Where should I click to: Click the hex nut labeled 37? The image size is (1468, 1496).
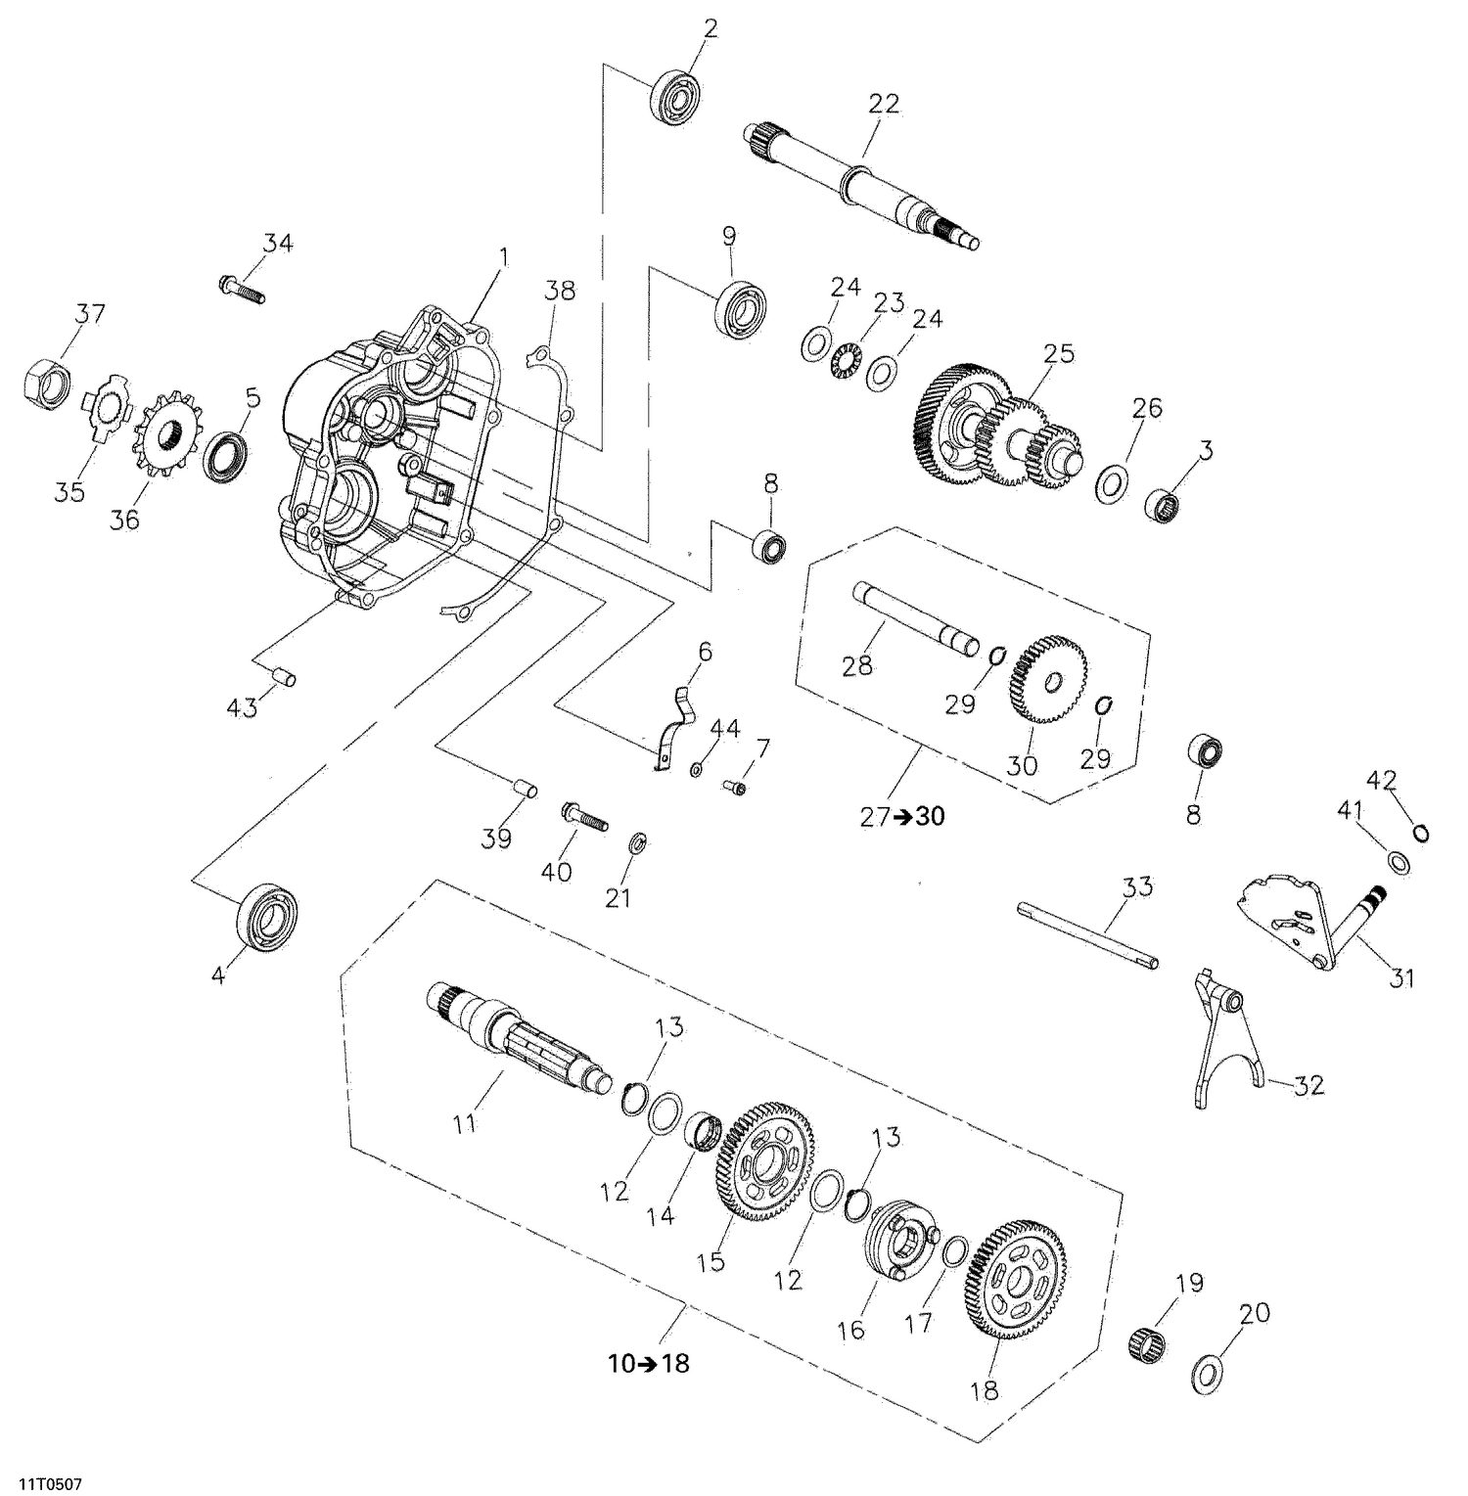click(x=46, y=382)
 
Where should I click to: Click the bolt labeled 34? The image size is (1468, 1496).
click(x=240, y=289)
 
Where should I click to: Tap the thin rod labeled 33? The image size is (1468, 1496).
click(x=1087, y=934)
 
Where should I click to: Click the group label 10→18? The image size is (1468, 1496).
click(x=649, y=1364)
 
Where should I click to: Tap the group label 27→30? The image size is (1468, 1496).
click(x=902, y=816)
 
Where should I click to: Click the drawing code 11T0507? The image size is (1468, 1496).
click(x=41, y=1485)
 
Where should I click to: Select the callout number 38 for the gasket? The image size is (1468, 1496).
click(x=561, y=291)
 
